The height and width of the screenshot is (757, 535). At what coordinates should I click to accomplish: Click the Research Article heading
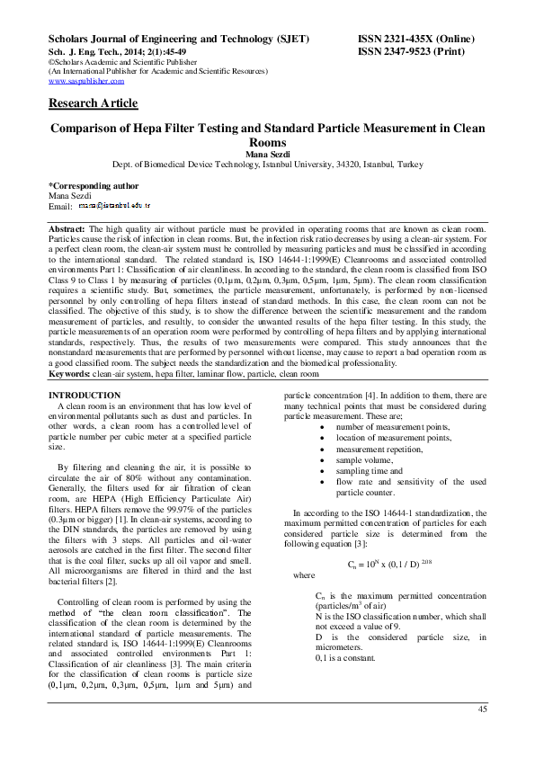pos(93,103)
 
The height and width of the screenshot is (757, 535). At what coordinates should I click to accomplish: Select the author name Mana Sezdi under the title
pos(266,154)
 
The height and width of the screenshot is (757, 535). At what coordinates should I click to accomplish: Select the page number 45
pos(482,709)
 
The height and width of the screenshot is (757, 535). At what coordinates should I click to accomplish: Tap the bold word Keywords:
pos(70,372)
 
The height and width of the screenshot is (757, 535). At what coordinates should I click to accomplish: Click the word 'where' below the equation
pos(304,574)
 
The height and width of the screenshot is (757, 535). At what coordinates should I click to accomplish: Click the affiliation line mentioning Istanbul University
pos(266,165)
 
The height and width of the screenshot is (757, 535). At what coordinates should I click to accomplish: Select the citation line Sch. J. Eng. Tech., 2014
pos(117,52)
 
